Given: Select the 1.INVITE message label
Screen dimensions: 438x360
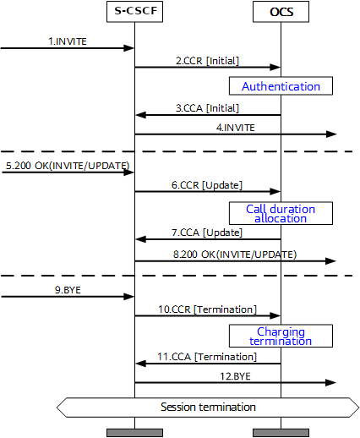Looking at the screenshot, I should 67,40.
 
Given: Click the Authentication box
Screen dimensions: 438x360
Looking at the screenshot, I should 281,86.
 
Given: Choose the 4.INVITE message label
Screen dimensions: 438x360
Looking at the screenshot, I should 236,127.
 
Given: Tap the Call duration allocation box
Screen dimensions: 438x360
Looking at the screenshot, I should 281,212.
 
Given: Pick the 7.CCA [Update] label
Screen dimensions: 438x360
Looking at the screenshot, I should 207,232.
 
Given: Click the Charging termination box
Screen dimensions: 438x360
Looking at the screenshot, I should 281,336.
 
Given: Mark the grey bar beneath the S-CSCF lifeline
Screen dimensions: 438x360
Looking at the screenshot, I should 134,433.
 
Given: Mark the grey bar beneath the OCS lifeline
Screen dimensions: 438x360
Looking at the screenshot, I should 281,433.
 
